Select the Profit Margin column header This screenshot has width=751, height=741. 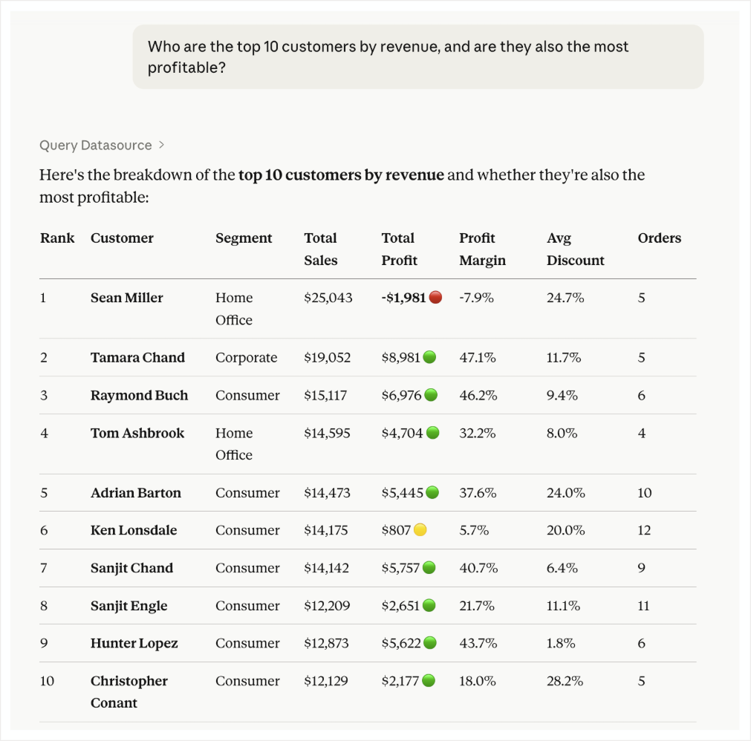tap(482, 249)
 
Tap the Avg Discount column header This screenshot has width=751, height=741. tap(575, 249)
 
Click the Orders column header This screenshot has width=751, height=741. tap(659, 238)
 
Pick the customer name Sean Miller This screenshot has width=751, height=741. tap(126, 298)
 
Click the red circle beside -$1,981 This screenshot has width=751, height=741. tap(436, 298)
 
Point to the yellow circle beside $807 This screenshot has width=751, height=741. tap(420, 530)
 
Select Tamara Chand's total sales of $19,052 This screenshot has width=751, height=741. tap(328, 358)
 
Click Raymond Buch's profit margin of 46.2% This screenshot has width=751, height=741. tap(478, 396)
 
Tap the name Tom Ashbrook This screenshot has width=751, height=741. tap(137, 433)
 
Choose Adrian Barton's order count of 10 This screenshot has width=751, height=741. tap(644, 493)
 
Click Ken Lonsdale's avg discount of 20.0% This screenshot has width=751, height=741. tap(565, 531)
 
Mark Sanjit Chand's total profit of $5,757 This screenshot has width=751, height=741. tap(401, 568)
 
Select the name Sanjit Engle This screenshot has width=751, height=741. tap(129, 606)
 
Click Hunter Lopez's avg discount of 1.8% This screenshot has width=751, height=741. tap(561, 644)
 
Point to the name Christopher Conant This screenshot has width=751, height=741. tap(129, 692)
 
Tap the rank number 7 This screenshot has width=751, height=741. tap(44, 568)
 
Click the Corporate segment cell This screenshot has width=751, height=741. tap(246, 358)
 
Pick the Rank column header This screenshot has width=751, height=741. tap(57, 238)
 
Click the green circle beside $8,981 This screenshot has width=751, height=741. tap(429, 358)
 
